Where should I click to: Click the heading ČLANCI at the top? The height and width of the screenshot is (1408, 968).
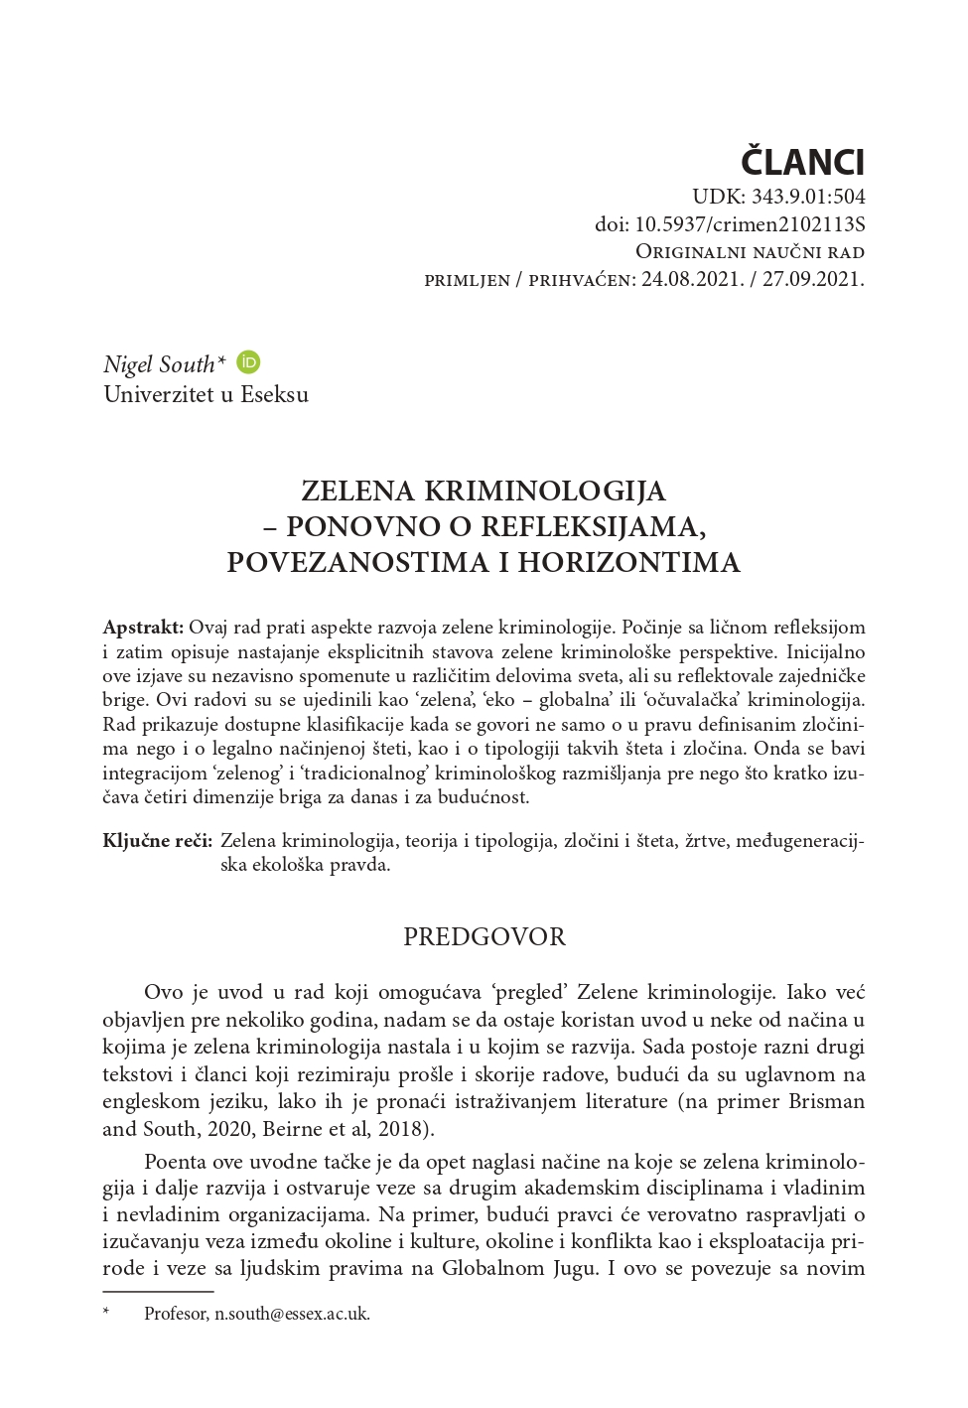click(x=803, y=160)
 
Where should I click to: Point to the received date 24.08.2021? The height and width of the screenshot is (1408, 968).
click(x=690, y=280)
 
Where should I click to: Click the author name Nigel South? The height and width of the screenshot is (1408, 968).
click(x=159, y=364)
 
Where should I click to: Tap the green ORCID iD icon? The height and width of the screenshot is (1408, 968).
click(x=248, y=362)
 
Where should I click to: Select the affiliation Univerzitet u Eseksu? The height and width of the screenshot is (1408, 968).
click(x=206, y=394)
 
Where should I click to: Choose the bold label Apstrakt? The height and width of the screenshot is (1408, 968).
click(x=143, y=628)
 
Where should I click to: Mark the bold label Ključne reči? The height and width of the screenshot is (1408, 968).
click(x=157, y=841)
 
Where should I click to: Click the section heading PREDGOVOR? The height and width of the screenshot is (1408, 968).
click(x=484, y=936)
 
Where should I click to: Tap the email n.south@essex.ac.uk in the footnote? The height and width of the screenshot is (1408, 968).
click(x=292, y=1314)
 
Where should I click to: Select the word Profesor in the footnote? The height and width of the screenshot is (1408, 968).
click(x=175, y=1314)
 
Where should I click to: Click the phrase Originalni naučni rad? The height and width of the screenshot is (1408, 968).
click(x=749, y=252)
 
